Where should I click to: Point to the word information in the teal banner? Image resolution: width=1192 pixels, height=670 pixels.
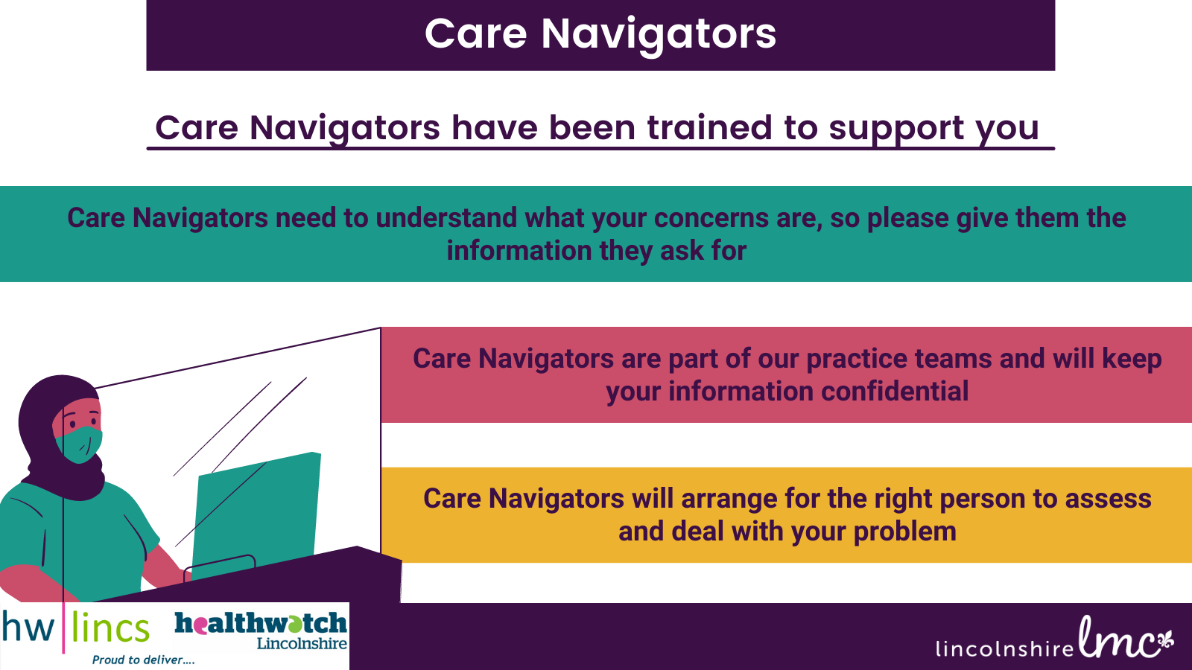point(519,250)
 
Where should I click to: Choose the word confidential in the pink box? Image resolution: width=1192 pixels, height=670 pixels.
point(895,392)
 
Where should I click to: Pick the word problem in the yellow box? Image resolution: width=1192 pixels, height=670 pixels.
point(904,532)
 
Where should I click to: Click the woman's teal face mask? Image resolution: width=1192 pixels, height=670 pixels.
point(80,444)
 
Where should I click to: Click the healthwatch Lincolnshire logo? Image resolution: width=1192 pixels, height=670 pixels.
point(261,631)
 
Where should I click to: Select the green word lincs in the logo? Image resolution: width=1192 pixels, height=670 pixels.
point(111,628)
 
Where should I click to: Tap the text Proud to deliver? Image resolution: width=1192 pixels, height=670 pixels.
point(143,660)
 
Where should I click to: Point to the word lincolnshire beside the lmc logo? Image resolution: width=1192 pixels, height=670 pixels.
point(1005,648)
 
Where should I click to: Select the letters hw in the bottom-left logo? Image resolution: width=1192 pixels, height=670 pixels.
point(28,628)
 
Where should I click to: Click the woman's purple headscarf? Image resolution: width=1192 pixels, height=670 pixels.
point(59,436)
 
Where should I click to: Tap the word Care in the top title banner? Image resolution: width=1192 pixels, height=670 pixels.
point(476,34)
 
